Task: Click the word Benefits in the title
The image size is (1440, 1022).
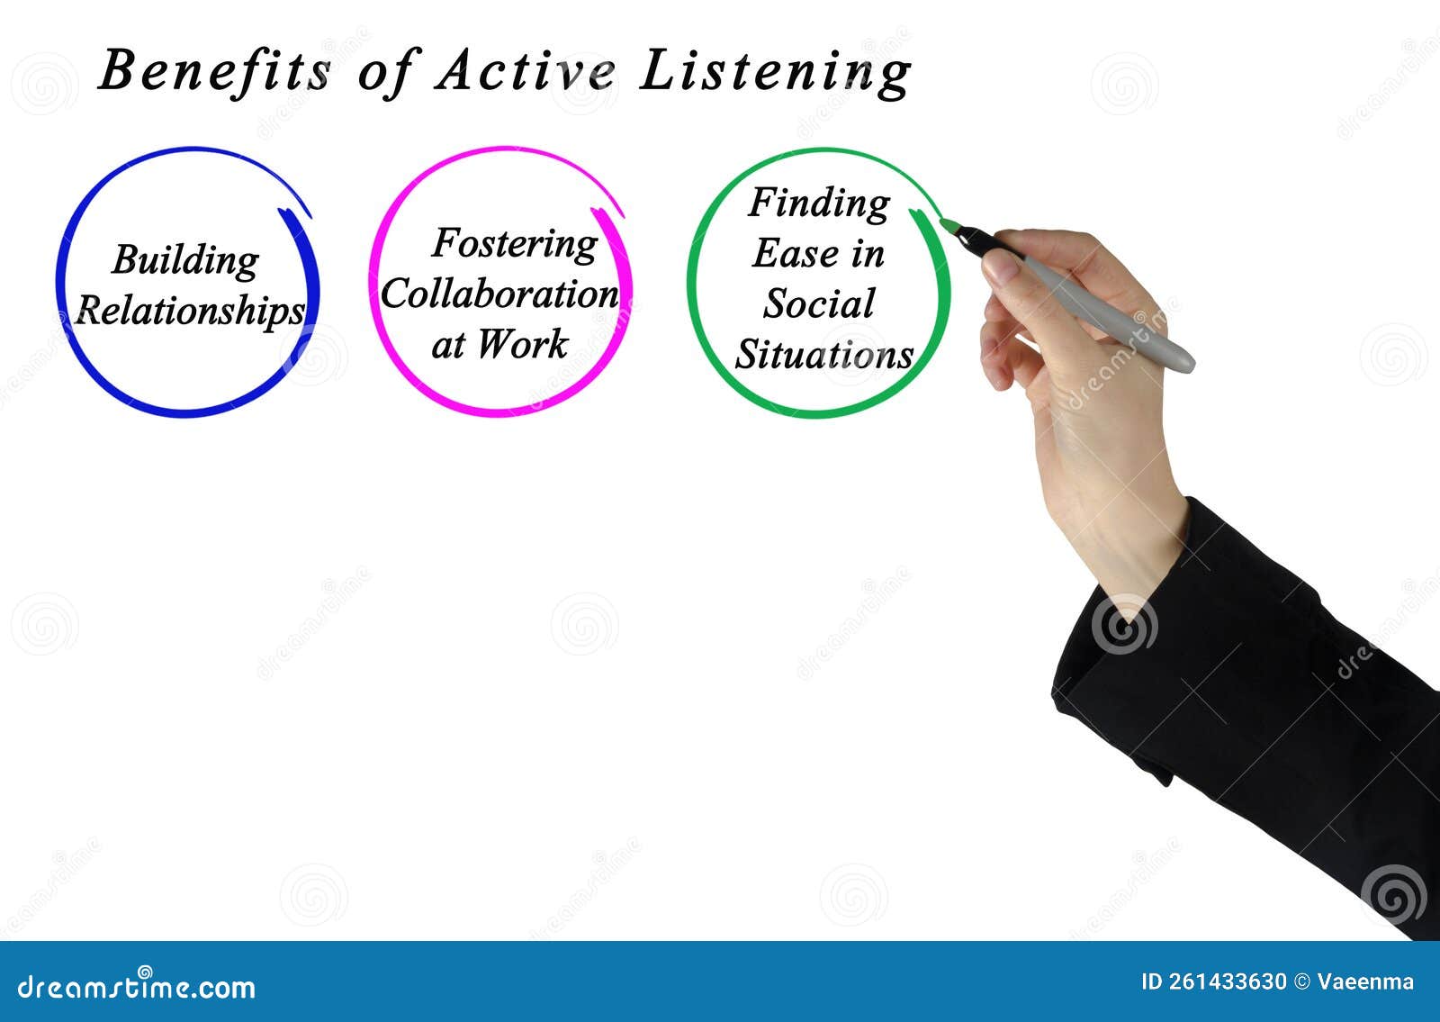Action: [x=215, y=71]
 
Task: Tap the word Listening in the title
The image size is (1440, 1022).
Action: [x=775, y=74]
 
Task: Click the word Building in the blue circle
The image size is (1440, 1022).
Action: [x=185, y=261]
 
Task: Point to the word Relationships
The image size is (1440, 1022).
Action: [x=190, y=312]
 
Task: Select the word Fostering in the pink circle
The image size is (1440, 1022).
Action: [x=514, y=244]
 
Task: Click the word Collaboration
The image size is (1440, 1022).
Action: [x=499, y=294]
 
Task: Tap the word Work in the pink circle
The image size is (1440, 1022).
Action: [x=523, y=344]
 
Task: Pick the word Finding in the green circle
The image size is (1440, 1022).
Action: [x=819, y=203]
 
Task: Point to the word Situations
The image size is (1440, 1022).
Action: [x=824, y=354]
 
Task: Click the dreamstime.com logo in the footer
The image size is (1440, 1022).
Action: [x=136, y=986]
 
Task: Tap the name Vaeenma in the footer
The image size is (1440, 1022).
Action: [x=1365, y=981]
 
